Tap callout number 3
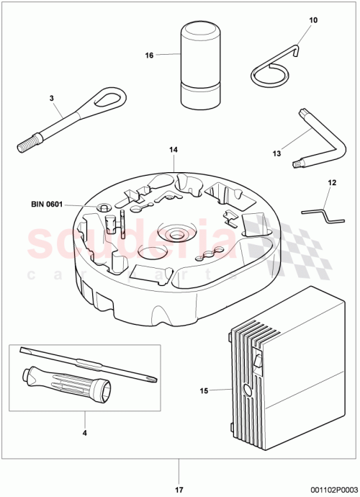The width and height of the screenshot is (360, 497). pyautogui.click(x=51, y=97)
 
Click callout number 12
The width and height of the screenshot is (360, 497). pyautogui.click(x=332, y=183)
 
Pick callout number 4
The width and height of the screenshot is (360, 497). pyautogui.click(x=84, y=434)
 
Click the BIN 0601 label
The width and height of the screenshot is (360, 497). pyautogui.click(x=48, y=205)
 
